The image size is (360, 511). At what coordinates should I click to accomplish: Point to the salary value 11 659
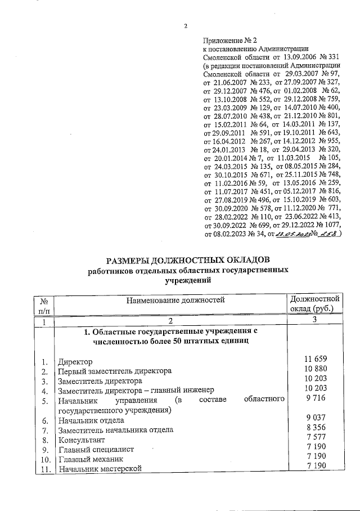pyautogui.click(x=315, y=359)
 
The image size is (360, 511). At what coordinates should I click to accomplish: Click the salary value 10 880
pyautogui.click(x=315, y=369)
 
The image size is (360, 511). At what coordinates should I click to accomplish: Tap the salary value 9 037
pyautogui.click(x=315, y=418)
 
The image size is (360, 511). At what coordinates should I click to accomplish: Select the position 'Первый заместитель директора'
pyautogui.click(x=115, y=371)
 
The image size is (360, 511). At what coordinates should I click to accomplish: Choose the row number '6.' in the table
pyautogui.click(x=44, y=420)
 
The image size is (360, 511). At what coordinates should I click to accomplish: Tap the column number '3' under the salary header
pyautogui.click(x=315, y=320)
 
